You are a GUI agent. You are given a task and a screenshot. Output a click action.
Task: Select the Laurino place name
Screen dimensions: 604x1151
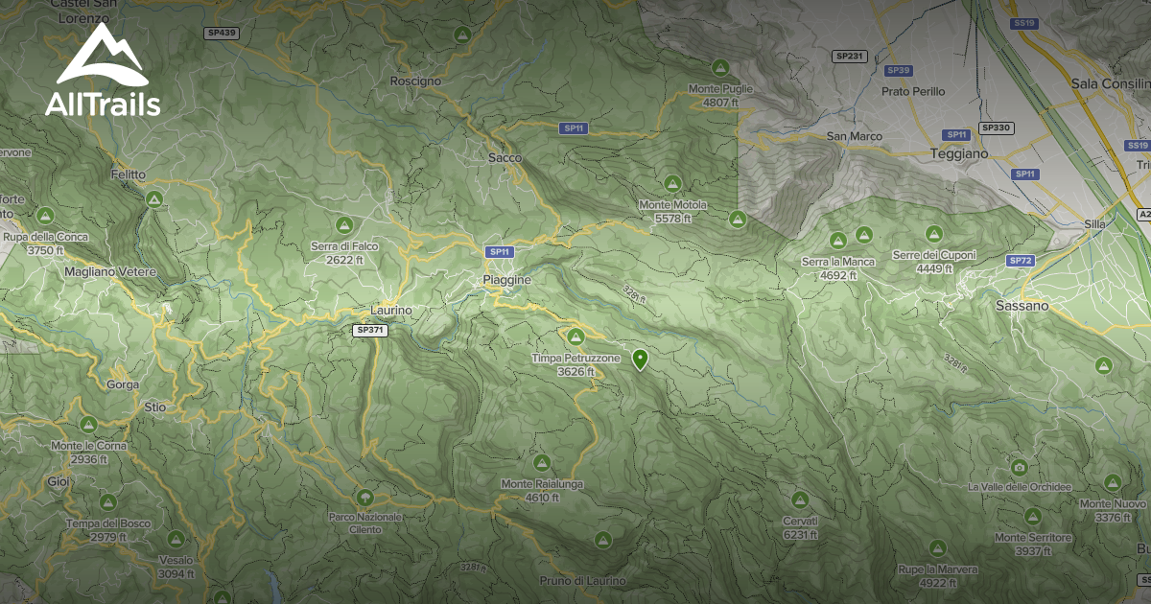tap(391, 311)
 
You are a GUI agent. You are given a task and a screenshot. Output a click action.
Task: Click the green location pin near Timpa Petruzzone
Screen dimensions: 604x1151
tap(639, 360)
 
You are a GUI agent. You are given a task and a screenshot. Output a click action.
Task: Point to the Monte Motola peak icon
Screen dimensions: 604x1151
tap(672, 182)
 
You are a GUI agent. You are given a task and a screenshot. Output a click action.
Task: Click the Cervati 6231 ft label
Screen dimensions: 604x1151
tap(800, 528)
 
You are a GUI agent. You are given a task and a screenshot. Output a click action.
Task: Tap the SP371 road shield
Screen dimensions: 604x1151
tap(370, 330)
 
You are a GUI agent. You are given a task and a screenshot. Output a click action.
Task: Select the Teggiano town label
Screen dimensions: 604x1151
tap(957, 153)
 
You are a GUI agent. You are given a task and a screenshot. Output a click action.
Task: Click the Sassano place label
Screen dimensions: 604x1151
tap(1022, 306)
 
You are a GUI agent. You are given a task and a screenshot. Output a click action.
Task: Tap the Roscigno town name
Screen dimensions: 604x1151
tap(415, 81)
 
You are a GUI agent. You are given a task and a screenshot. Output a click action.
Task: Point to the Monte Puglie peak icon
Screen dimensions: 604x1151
tap(719, 68)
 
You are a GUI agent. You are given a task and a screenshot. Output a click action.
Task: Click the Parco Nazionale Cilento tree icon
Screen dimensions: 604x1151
tap(364, 498)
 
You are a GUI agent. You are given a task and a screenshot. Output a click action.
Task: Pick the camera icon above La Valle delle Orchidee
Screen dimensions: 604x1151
tap(1019, 468)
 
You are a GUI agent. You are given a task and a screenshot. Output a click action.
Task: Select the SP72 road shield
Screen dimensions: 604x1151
tap(1020, 261)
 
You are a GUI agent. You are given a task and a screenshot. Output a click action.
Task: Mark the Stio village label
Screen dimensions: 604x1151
tap(154, 407)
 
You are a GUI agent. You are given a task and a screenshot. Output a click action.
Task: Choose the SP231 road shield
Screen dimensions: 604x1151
tap(850, 57)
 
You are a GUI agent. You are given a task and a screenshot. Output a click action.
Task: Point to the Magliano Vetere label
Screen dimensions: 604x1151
tap(110, 272)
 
